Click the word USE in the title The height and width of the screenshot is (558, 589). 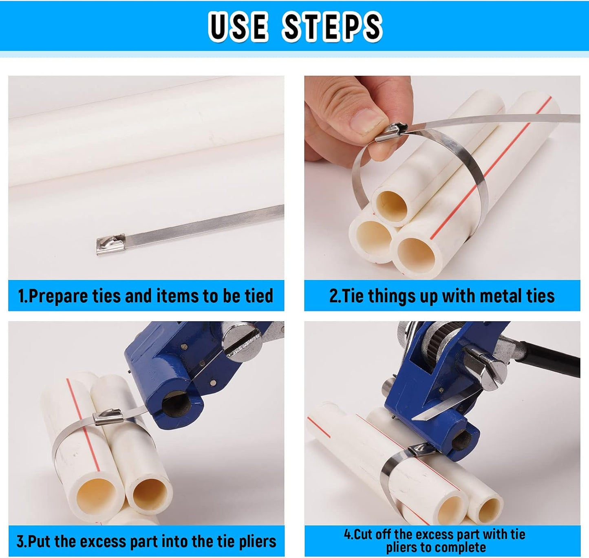[238, 26]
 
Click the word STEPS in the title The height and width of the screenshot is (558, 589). [332, 26]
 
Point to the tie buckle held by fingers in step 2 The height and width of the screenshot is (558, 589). [391, 132]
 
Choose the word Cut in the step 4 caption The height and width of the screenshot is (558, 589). [364, 534]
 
